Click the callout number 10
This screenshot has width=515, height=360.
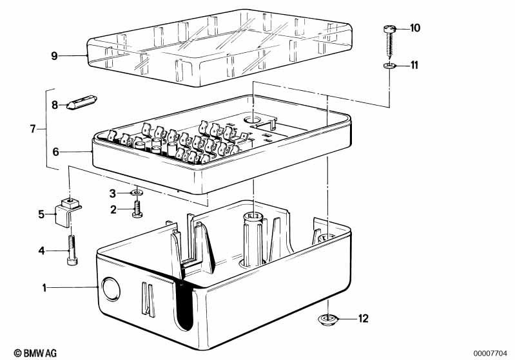tap(415, 28)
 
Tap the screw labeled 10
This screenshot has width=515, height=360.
tap(390, 43)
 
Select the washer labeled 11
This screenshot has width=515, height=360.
tap(390, 66)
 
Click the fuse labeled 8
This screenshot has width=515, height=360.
tap(81, 102)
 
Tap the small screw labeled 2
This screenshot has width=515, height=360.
tap(137, 209)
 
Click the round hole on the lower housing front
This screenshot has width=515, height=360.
tap(111, 289)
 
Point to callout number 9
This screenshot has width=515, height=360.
tap(55, 56)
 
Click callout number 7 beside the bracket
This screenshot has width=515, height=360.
tap(32, 129)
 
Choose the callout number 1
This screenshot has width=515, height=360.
tap(44, 288)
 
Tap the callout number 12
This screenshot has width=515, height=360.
tap(364, 319)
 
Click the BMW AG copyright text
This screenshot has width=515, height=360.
tap(35, 353)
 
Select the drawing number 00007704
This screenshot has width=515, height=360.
tap(491, 354)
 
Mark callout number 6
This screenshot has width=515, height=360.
tap(55, 152)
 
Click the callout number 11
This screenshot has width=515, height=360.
tap(414, 65)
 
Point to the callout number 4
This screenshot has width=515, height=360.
tap(41, 251)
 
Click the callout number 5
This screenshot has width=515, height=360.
tap(41, 214)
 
